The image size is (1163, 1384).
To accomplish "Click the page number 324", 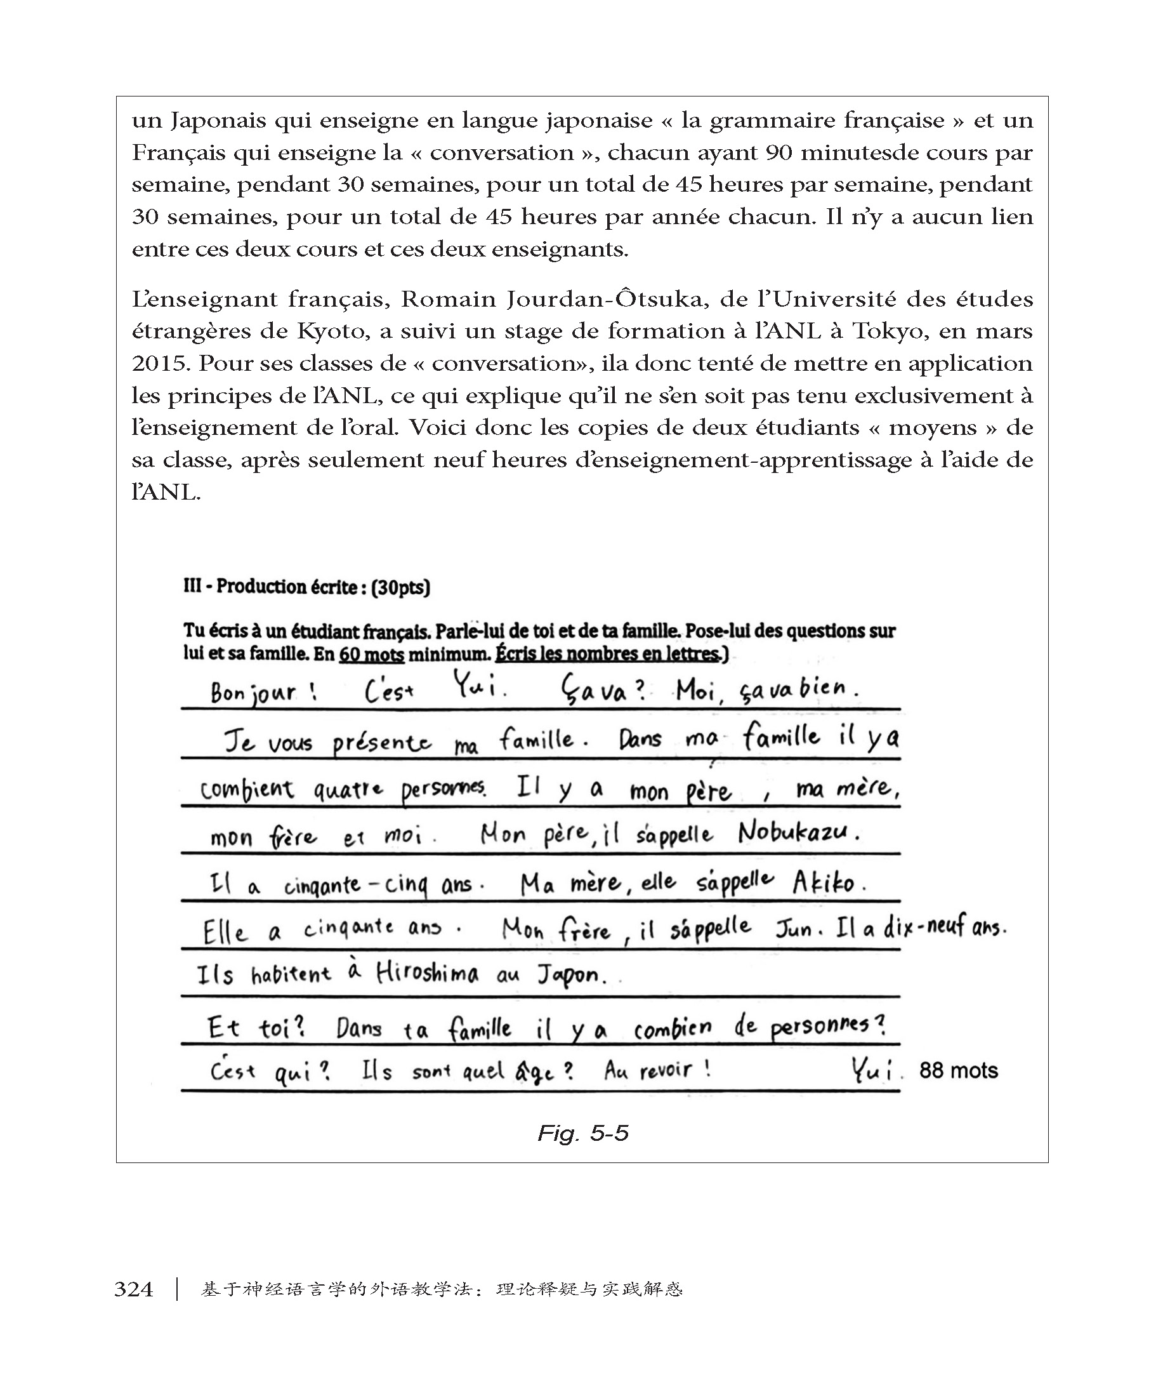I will pos(134,1289).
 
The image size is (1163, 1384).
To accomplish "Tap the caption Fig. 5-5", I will pos(583,1133).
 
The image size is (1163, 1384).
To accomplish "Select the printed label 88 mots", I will pos(958,1070).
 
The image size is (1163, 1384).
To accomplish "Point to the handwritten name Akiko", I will pos(828,882).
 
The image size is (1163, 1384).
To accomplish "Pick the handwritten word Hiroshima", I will pos(427,973).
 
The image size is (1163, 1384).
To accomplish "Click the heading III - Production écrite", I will pos(306,587).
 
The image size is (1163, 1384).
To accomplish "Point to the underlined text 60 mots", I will pos(371,655).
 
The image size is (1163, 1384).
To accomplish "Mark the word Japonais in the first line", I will pos(217,121).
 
